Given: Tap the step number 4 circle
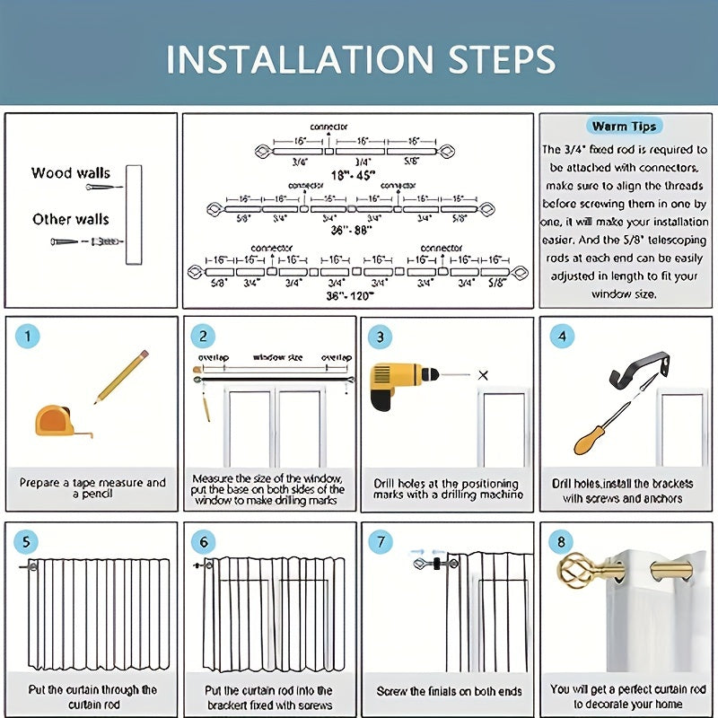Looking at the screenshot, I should click(x=563, y=337).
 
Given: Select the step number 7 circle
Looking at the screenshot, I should click(x=381, y=542).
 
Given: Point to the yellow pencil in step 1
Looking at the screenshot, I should click(x=121, y=376).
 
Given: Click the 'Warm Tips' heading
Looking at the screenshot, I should click(x=626, y=127).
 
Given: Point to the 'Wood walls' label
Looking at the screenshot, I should click(x=71, y=173).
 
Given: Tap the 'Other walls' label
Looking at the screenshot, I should click(x=71, y=219).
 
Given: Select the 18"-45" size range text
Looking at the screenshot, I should click(x=353, y=177).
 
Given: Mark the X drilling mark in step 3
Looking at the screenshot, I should click(x=484, y=374).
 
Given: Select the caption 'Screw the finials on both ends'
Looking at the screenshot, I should click(x=449, y=691).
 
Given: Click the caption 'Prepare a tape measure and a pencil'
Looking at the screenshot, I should click(x=92, y=488).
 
